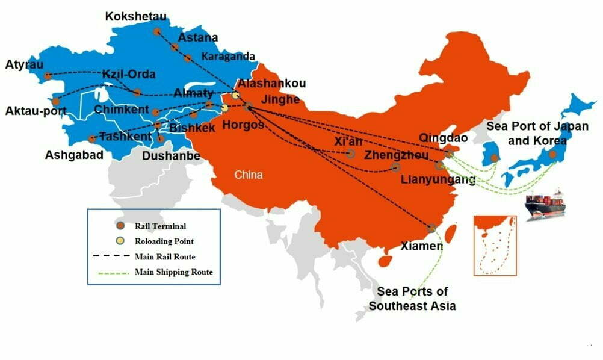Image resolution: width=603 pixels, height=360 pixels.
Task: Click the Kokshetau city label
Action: coord(135,16)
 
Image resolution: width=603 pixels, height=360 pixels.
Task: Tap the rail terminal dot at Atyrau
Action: coord(48,76)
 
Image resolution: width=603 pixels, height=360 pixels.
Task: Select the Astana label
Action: coord(198,37)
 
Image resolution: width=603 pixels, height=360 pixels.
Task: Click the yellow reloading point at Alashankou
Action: coord(236,95)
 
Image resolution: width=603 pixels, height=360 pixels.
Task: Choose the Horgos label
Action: coord(243,125)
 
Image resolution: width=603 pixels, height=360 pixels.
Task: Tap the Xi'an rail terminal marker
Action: coord(351,154)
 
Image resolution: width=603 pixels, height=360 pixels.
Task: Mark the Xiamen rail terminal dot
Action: coord(431,228)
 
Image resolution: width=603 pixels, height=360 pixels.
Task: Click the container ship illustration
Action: coord(545,205)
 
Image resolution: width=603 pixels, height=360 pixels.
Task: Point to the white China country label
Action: coord(249,175)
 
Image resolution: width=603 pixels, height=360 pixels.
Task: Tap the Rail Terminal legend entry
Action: coord(160,226)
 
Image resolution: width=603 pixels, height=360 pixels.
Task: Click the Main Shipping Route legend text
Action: coord(173,272)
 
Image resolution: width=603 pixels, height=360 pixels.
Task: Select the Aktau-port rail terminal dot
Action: coord(56,101)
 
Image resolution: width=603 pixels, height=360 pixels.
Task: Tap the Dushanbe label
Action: coord(171,155)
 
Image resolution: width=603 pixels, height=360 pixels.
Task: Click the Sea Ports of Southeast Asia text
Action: coord(412,299)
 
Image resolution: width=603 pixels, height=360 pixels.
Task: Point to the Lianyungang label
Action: coord(438,179)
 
